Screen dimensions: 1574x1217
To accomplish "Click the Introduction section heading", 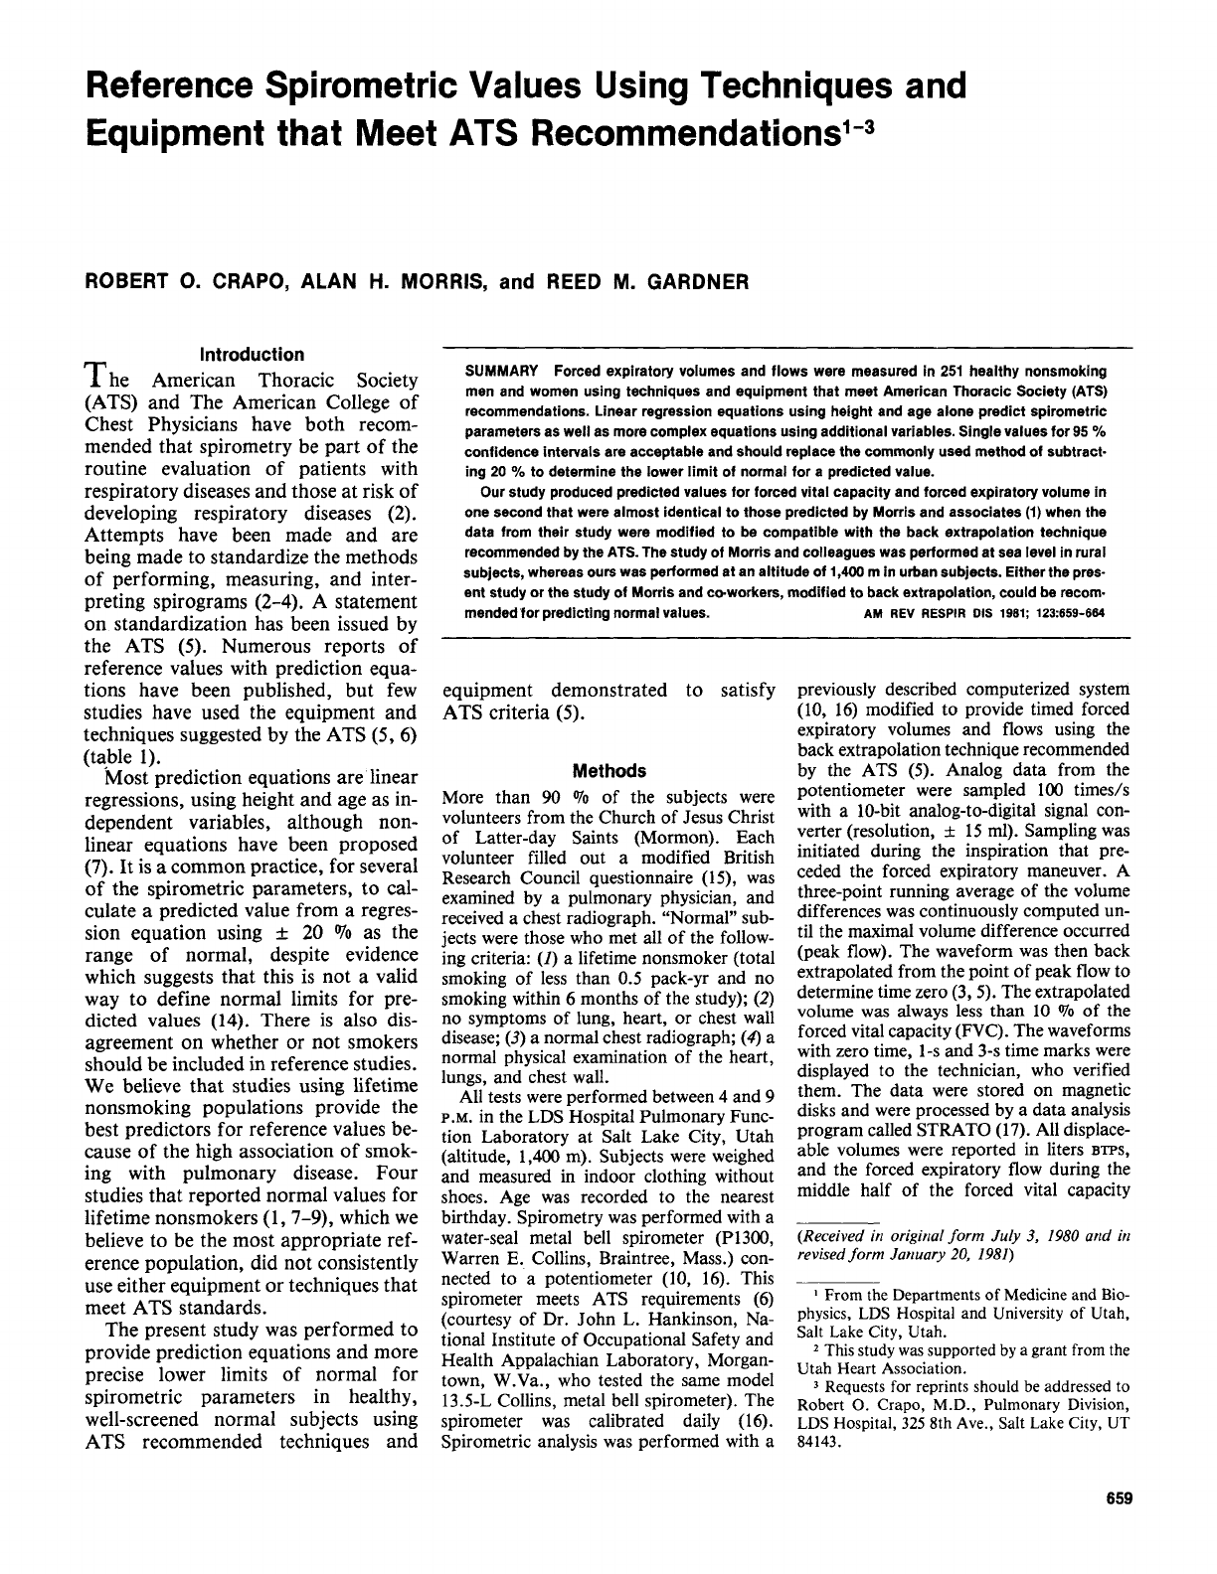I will (253, 355).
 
